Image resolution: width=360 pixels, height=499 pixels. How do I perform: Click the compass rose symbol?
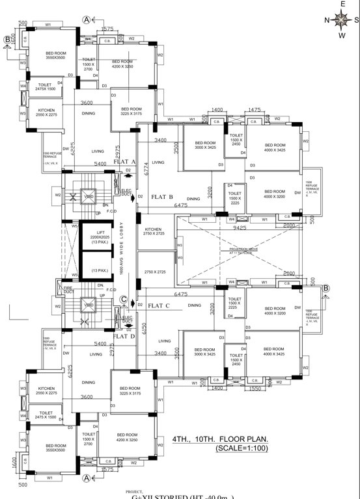point(340,19)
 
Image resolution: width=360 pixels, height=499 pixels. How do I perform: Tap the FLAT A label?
point(124,162)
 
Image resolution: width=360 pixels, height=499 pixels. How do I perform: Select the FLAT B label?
point(161,195)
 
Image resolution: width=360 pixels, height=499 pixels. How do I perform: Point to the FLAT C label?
point(159,305)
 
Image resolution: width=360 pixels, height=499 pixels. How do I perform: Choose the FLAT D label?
point(124,336)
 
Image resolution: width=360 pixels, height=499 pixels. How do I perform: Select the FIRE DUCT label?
point(67,289)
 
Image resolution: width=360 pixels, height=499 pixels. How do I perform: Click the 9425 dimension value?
point(240,228)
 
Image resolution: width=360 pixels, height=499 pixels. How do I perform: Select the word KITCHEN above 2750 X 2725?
point(152,229)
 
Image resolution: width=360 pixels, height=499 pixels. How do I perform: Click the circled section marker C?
point(124,300)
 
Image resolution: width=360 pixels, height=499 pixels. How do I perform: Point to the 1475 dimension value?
point(255,110)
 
